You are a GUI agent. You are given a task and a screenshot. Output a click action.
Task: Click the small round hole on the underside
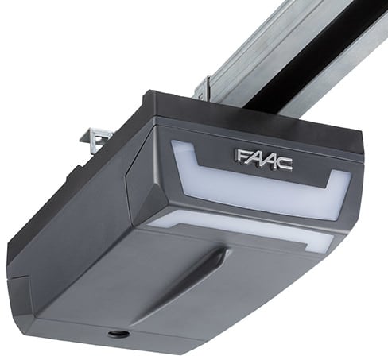(x=118, y=335)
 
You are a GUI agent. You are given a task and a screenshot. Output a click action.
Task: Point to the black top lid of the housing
(x=239, y=119)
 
